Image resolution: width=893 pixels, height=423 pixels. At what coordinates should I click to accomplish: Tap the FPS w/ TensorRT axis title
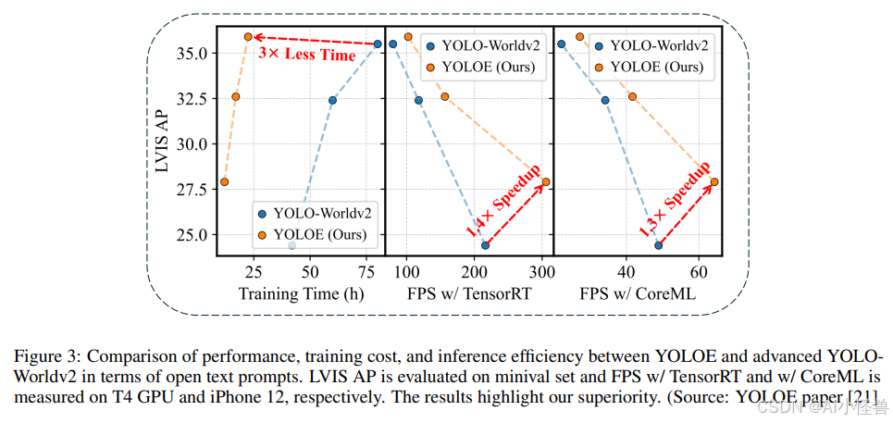coord(468,294)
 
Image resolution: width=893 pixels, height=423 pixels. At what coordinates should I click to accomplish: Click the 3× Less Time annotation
coord(306,56)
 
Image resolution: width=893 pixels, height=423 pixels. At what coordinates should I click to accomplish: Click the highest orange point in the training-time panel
coord(248,37)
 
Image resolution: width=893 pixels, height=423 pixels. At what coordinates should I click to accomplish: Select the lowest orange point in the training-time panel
coord(224,181)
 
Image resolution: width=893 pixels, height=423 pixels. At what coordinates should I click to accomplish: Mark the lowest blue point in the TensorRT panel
coord(485,245)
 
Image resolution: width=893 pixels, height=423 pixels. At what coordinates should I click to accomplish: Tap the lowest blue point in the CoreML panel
coord(658,245)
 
